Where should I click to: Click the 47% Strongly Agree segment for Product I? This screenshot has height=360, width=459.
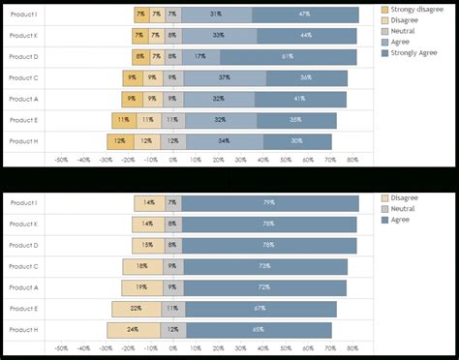tap(305, 15)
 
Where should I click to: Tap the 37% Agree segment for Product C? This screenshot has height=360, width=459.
tap(224, 77)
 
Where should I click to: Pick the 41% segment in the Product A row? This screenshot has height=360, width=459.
tap(299, 99)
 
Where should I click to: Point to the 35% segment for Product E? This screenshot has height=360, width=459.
tap(295, 120)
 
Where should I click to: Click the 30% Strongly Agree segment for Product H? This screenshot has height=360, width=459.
tap(296, 141)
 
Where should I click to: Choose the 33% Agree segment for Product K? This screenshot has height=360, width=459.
tap(218, 36)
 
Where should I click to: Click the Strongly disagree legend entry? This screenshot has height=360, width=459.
tap(416, 10)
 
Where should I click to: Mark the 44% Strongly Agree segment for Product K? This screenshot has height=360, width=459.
tap(305, 36)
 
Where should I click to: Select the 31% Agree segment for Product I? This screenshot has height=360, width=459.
tap(216, 15)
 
